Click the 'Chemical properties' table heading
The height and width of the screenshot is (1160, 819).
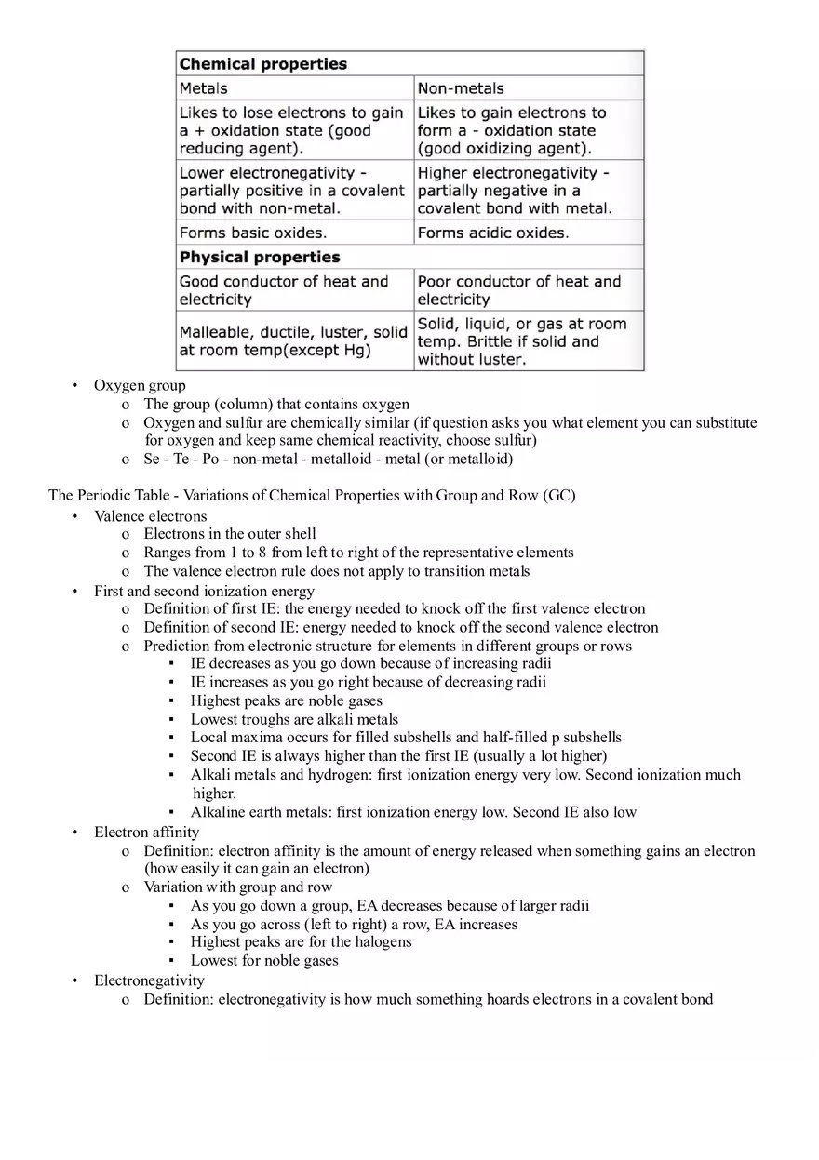coord(263,64)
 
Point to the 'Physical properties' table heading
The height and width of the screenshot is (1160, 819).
coord(260,257)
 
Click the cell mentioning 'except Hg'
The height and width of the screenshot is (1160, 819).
coord(293,341)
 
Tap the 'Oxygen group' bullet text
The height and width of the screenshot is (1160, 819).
coord(140,385)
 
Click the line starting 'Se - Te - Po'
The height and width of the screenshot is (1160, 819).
coord(328,459)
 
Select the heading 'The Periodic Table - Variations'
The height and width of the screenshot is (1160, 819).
coord(312,495)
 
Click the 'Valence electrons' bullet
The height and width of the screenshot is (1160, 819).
coord(151,516)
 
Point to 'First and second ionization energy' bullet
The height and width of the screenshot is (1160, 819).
coord(204,591)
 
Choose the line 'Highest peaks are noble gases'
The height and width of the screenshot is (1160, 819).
coord(287,700)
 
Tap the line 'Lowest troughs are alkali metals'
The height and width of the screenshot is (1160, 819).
coord(294,719)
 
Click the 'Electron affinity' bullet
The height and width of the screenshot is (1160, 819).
coord(146,832)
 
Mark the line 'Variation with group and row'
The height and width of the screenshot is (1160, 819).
coord(238,887)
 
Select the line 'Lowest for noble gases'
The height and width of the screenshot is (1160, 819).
coord(264,960)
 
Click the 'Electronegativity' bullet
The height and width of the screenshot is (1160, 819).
coord(149,980)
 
